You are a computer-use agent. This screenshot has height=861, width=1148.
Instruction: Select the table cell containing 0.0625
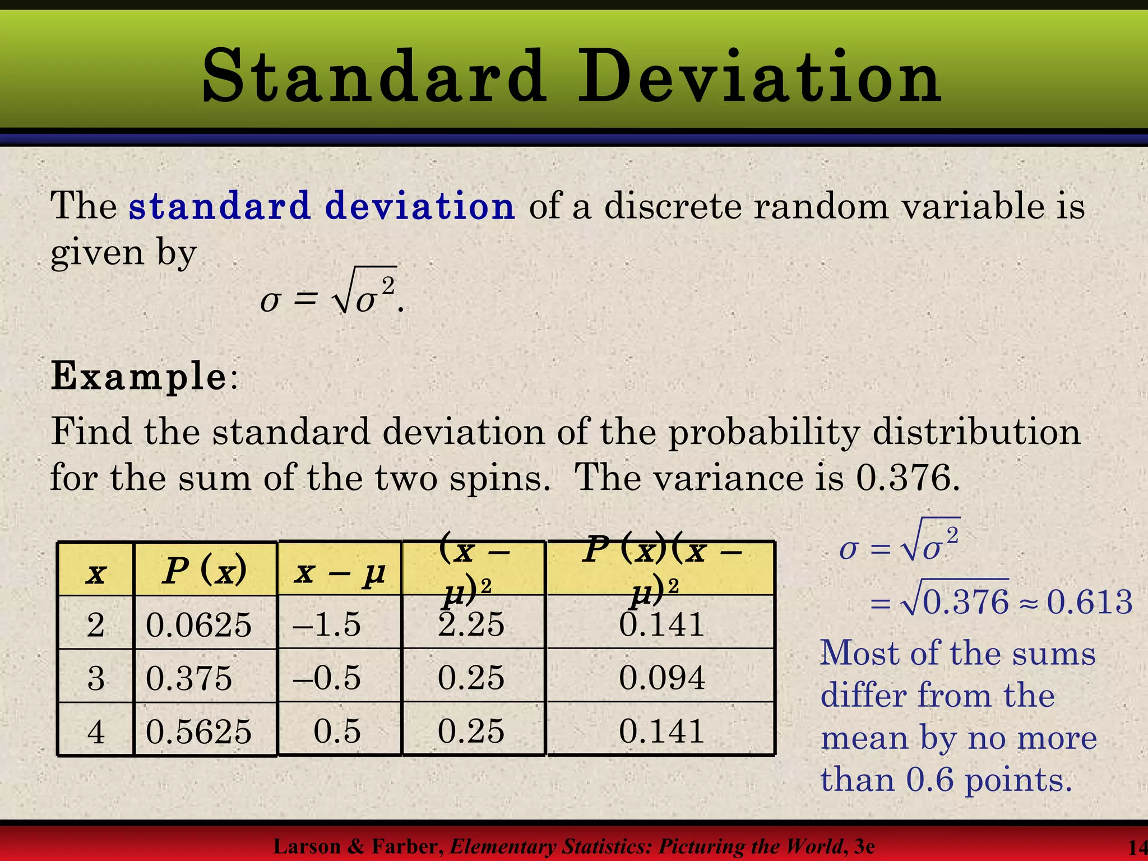pyautogui.click(x=199, y=624)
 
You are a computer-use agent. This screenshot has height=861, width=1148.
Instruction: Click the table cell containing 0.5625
pyautogui.click(x=199, y=731)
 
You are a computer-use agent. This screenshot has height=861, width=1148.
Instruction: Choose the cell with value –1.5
pyautogui.click(x=327, y=624)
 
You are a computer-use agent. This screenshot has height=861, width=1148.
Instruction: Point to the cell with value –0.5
pyautogui.click(x=327, y=678)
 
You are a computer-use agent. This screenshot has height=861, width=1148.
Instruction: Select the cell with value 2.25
pyautogui.click(x=471, y=624)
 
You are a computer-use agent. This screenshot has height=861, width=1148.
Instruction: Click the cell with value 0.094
pyautogui.click(x=662, y=678)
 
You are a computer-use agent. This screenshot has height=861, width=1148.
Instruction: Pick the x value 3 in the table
pyautogui.click(x=96, y=678)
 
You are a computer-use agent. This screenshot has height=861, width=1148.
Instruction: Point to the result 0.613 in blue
pyautogui.click(x=1090, y=602)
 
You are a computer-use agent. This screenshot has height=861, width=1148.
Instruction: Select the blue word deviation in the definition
pyautogui.click(x=419, y=206)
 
